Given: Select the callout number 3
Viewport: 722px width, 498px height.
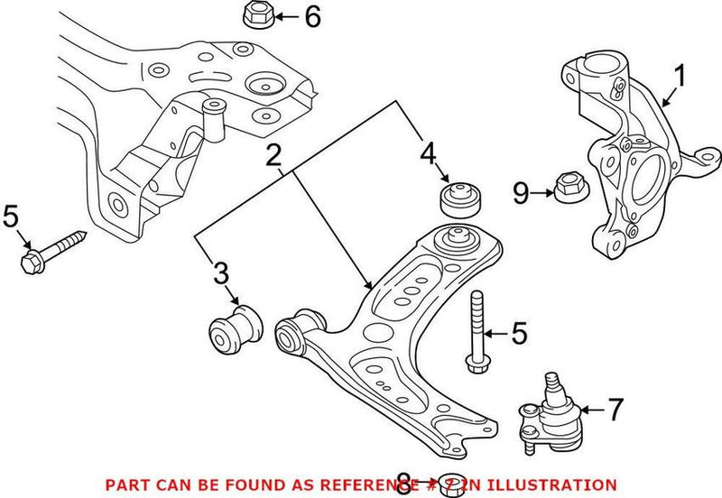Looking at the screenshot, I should tap(222, 273).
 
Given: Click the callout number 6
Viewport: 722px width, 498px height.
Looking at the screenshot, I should tap(311, 16).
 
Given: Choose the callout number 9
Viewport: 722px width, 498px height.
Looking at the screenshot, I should tap(520, 192).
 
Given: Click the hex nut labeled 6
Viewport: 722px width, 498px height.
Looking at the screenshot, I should tap(254, 15).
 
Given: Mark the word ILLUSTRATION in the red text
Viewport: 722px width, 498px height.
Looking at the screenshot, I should tap(557, 484).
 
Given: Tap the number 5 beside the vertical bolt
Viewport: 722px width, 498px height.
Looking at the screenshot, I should tap(519, 334).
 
